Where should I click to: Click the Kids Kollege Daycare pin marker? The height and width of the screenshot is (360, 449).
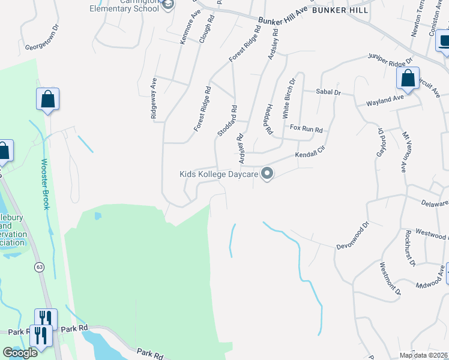[x=268, y=174]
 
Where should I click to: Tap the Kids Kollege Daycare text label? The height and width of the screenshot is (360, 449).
[x=218, y=174]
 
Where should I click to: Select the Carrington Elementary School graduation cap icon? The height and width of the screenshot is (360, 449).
[x=169, y=5]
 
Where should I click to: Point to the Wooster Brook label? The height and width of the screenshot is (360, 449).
[x=45, y=184]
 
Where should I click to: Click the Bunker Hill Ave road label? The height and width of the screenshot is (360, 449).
[x=283, y=17]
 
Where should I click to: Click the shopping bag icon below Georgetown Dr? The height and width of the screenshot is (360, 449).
[x=47, y=100]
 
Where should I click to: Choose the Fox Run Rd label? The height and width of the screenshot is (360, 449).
[x=306, y=130]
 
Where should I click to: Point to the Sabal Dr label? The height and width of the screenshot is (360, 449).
[x=328, y=92]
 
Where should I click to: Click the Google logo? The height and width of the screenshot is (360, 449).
[x=20, y=353]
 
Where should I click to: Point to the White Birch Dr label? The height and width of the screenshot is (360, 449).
[x=289, y=98]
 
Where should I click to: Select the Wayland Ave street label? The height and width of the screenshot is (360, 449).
[x=385, y=99]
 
